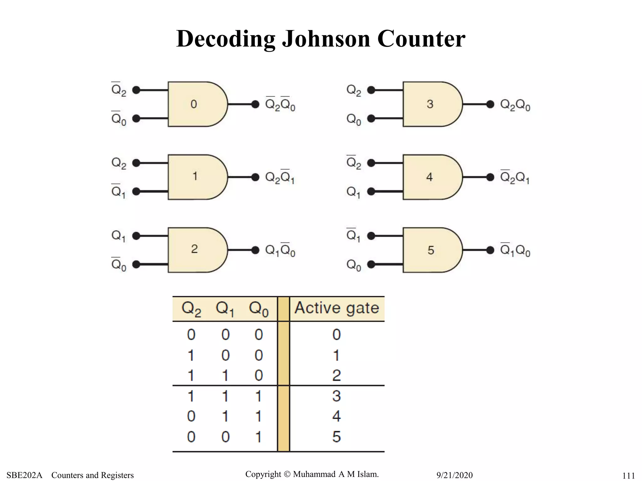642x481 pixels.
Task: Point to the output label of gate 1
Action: [280, 177]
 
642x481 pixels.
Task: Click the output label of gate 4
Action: [515, 177]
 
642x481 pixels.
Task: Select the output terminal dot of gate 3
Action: [490, 104]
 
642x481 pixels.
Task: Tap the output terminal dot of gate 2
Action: [255, 250]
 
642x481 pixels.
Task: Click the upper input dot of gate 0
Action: [136, 90]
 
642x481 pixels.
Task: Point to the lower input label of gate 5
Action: [354, 265]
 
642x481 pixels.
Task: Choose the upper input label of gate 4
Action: [354, 162]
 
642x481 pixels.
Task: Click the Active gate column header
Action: [337, 308]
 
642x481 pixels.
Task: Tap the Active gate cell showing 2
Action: [337, 375]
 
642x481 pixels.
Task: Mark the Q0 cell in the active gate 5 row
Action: [259, 437]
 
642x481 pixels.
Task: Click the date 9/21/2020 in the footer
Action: [455, 475]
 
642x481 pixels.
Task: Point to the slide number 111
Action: [629, 476]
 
